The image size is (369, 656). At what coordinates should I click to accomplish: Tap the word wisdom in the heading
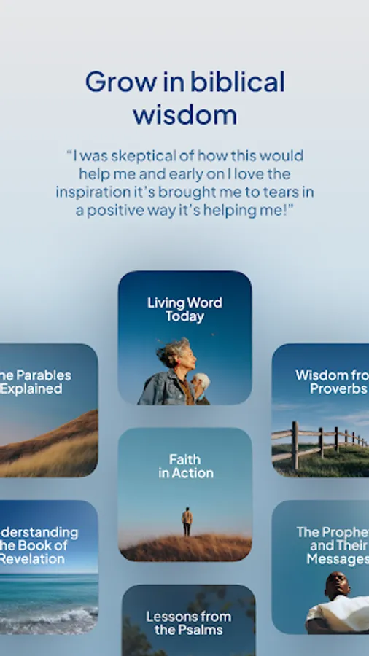(184, 114)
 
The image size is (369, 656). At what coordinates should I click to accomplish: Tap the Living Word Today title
(184, 309)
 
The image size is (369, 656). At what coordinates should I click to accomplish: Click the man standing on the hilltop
(187, 522)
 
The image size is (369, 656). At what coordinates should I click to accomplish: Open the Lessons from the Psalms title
(188, 622)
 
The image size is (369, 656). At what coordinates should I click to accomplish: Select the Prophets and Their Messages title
(333, 545)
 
